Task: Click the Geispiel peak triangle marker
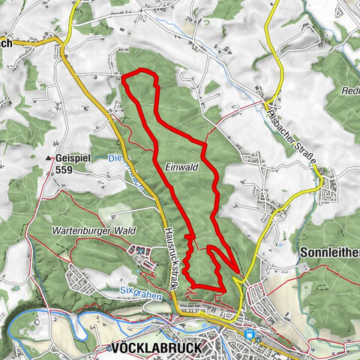(49, 158)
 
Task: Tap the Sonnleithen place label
(330, 252)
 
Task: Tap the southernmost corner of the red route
(193, 286)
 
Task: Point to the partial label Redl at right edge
(349, 89)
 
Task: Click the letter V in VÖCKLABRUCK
(114, 348)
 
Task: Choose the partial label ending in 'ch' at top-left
(7, 43)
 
